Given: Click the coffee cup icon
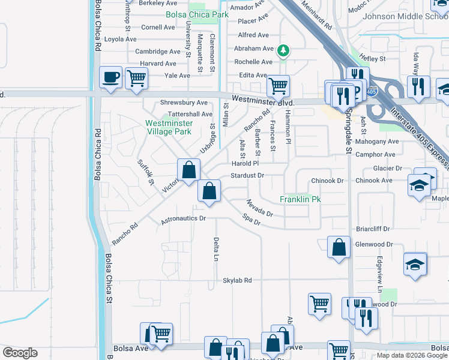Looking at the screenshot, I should [x=111, y=77].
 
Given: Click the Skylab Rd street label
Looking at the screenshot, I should [x=237, y=280].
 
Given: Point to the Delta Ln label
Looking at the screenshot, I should [x=215, y=250].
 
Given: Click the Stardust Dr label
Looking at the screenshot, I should [x=247, y=175].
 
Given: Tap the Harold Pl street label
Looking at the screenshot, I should [x=245, y=163].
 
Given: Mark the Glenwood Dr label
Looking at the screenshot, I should [x=373, y=244].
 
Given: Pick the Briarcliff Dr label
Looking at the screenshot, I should [x=373, y=229].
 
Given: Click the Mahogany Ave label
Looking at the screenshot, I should [x=376, y=142].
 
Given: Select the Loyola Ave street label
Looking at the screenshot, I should [x=121, y=39].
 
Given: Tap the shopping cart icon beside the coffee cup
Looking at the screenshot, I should [x=137, y=77].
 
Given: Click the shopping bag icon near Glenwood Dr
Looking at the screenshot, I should [x=339, y=247].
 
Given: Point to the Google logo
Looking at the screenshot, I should [x=20, y=353].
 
